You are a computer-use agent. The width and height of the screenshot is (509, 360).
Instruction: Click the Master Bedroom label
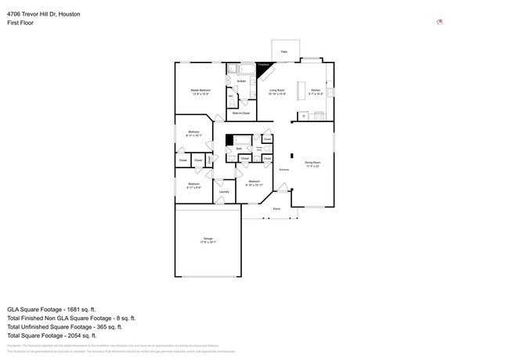coord(200,91)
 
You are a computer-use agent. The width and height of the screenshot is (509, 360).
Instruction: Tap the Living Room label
coord(277,91)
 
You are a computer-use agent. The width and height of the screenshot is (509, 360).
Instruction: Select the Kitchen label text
coord(316,91)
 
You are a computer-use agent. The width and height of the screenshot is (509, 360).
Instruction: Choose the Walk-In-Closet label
coord(240,113)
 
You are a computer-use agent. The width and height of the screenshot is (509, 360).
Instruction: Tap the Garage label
coord(208,238)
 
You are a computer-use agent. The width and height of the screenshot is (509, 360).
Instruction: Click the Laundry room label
coord(224,191)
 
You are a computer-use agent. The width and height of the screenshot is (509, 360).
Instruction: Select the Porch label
coord(276,209)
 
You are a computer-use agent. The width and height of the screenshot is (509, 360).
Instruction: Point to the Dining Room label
coord(312,162)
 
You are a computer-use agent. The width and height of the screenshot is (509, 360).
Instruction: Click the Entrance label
coord(285,169)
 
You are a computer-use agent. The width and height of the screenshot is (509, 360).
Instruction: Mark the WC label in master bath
coord(231,96)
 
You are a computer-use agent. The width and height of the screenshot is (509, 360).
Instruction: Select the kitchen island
coord(312,117)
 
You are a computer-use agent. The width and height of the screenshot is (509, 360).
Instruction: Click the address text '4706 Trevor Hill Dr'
coord(32,14)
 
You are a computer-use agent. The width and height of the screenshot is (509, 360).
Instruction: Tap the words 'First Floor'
coord(20,23)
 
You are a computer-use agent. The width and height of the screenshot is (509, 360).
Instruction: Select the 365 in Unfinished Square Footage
coord(108,327)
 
